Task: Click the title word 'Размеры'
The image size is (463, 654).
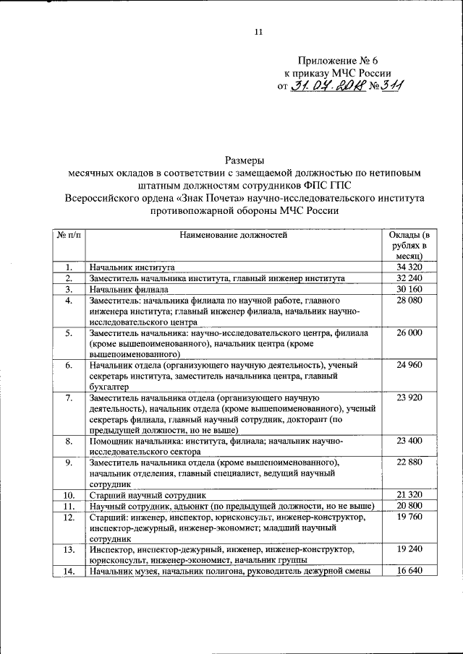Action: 244,160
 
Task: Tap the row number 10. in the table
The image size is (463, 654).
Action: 68,496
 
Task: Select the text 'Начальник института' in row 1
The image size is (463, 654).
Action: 132,267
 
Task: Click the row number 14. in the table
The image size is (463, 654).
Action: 68,572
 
